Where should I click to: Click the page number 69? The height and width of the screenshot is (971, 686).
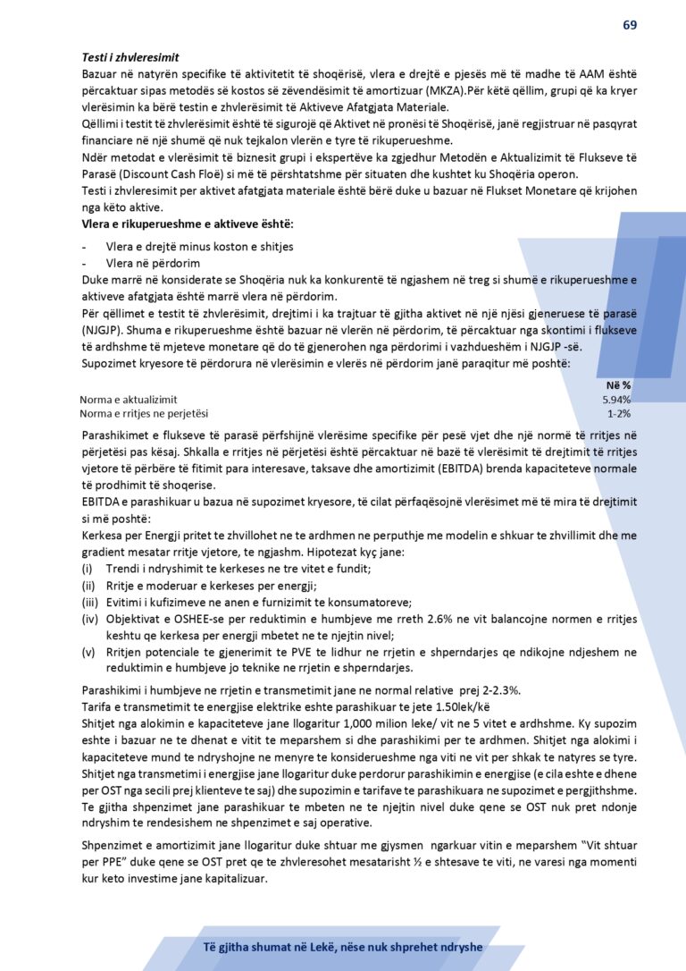pyautogui.click(x=630, y=24)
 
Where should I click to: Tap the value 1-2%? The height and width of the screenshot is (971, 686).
pyautogui.click(x=619, y=413)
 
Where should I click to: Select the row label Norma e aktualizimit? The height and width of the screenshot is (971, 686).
pyautogui.click(x=129, y=400)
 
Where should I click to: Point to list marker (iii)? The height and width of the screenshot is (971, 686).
pyautogui.click(x=89, y=602)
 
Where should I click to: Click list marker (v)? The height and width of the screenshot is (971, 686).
pyautogui.click(x=88, y=652)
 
